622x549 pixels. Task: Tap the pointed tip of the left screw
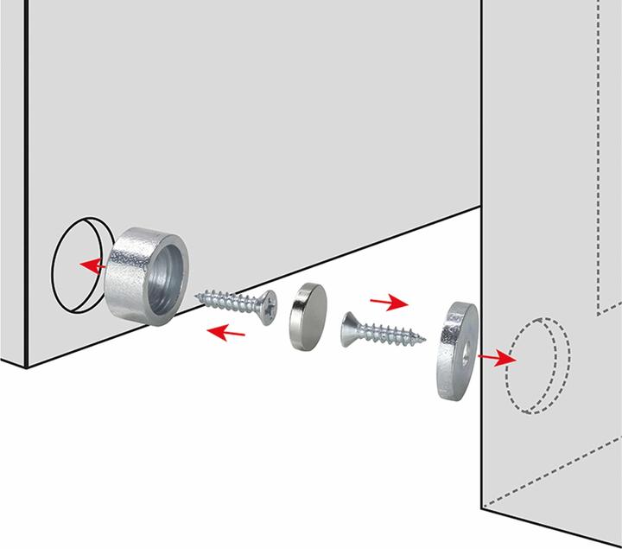pos(199,296)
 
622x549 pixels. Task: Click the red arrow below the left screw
pos(229,330)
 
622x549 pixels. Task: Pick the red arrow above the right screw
pos(389,303)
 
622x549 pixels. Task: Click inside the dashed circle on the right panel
pos(536,367)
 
